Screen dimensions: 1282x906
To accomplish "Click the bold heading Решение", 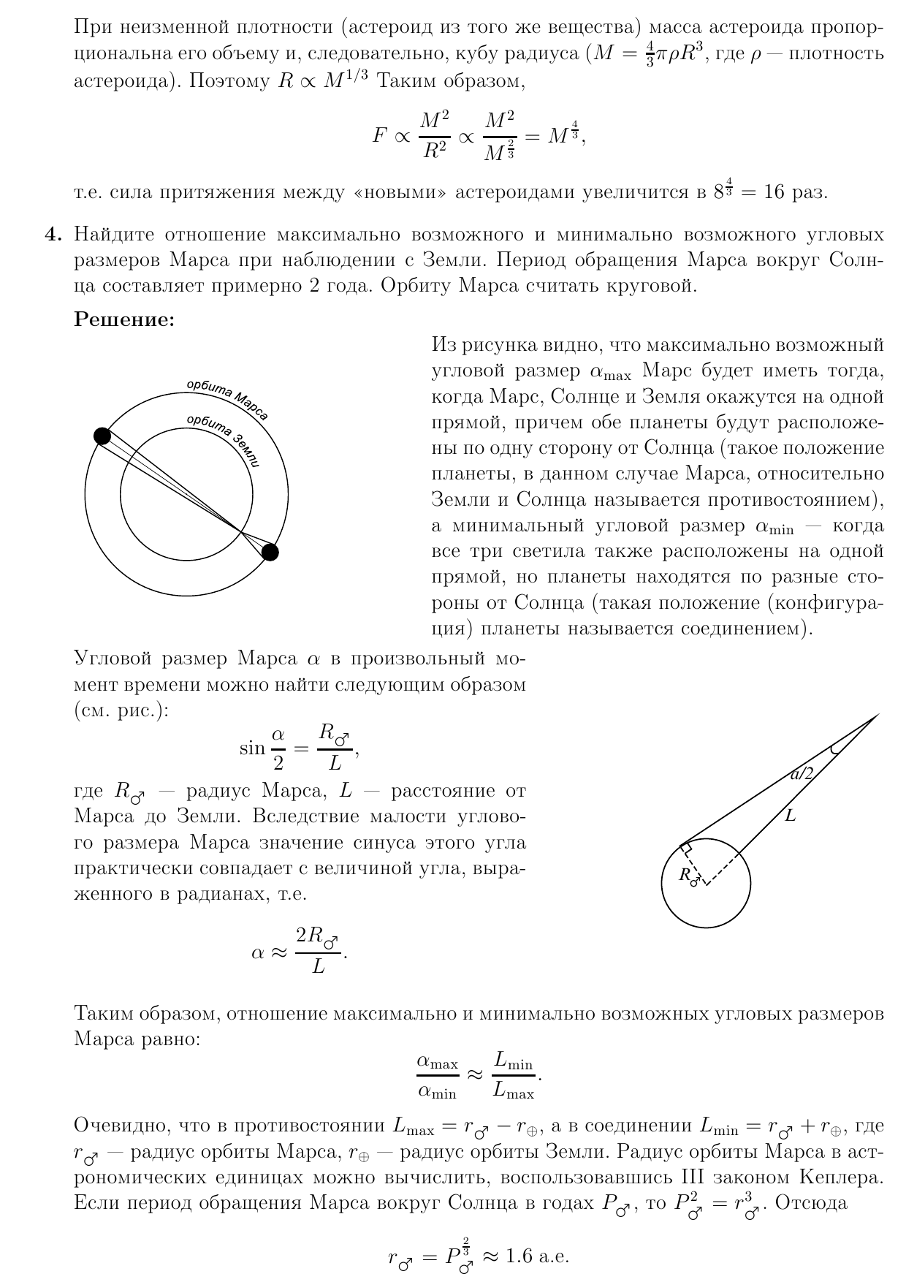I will [x=124, y=319].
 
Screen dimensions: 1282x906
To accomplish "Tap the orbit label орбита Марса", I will [x=228, y=400].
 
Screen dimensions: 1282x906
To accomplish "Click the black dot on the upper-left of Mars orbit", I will [x=103, y=436].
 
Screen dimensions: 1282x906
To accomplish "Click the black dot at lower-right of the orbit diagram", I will [x=270, y=552].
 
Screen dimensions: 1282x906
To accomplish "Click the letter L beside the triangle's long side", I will [x=790, y=816].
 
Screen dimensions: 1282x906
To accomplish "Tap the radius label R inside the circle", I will [x=688, y=875].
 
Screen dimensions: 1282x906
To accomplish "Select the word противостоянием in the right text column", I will [x=794, y=499].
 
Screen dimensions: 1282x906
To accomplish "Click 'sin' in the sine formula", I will [x=252, y=748].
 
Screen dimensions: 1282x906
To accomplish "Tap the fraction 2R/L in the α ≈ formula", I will [x=318, y=950].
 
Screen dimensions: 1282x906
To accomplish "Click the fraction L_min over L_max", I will [x=514, y=1075].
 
